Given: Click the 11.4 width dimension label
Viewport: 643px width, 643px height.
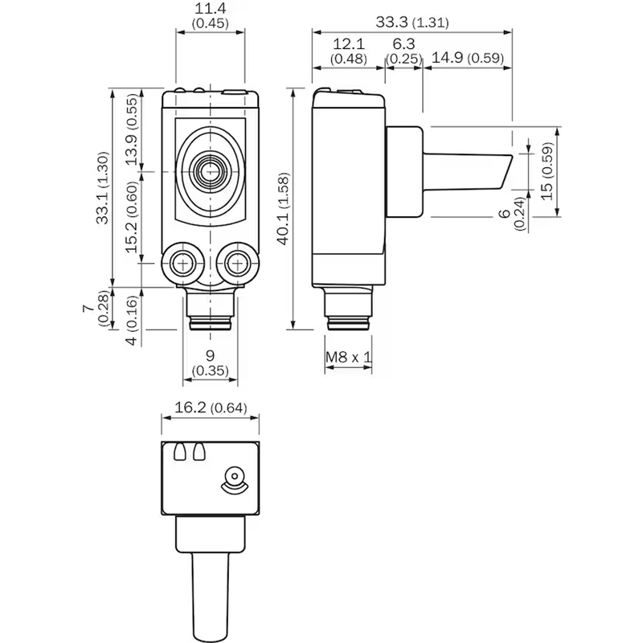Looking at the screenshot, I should pyautogui.click(x=209, y=9).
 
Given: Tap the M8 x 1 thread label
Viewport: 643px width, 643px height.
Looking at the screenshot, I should pyautogui.click(x=348, y=357).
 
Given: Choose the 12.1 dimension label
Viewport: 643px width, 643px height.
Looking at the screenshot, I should pyautogui.click(x=349, y=44).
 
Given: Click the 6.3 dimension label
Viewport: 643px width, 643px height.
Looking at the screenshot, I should pyautogui.click(x=404, y=44).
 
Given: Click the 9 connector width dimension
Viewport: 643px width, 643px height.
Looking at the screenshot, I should pyautogui.click(x=210, y=355).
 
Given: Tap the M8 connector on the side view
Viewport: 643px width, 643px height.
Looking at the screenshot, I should pyautogui.click(x=348, y=309).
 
